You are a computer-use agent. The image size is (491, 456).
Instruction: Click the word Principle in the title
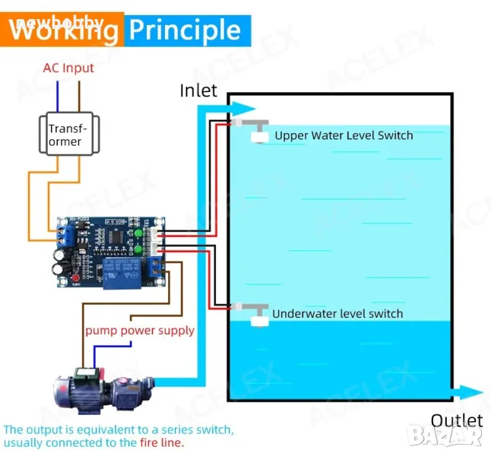(x=185, y=30)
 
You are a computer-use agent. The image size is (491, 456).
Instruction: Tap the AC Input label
(x=68, y=68)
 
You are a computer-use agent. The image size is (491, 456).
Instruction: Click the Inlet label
(x=198, y=91)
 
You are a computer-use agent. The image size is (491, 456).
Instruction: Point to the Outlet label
(x=456, y=420)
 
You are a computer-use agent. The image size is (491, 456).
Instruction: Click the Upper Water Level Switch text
(x=344, y=136)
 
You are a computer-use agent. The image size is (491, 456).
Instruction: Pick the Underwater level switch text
(x=337, y=313)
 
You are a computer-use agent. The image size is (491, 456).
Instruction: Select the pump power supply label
(x=140, y=331)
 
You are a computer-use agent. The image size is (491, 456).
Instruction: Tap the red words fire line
(x=161, y=442)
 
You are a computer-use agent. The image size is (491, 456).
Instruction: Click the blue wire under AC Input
(x=56, y=96)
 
